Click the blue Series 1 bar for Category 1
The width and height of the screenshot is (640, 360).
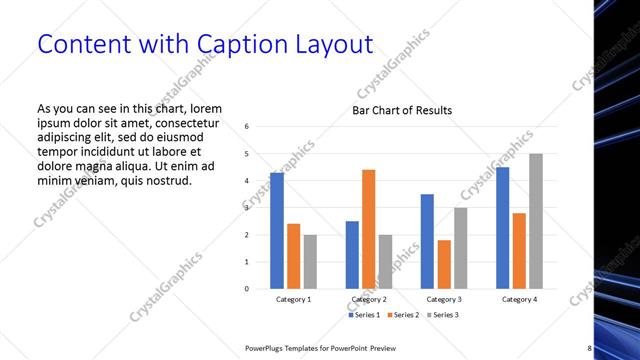point(277,231)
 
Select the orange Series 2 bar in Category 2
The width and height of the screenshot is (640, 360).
point(368,229)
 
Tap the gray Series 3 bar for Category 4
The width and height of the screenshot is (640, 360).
point(536,221)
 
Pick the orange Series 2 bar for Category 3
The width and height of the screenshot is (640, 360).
point(444,264)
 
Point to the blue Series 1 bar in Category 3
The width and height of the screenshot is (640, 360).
point(427,241)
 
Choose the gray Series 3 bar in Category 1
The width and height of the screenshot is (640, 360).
point(310,261)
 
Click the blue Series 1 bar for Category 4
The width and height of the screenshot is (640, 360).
point(503,228)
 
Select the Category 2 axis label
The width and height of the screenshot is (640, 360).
point(368,300)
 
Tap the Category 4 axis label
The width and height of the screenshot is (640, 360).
point(519,300)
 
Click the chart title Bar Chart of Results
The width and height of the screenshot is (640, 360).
point(402,110)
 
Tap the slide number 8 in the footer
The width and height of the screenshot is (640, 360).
point(590,347)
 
